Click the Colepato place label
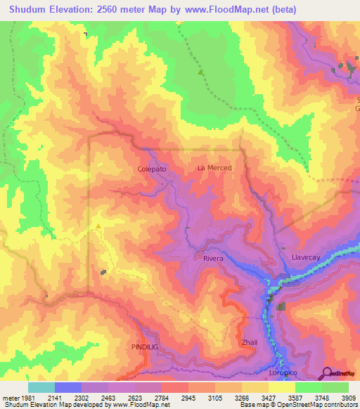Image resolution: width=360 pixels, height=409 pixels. tap(152, 169)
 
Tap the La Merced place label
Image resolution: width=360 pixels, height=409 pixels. tap(214, 168)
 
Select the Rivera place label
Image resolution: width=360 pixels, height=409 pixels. tap(213, 259)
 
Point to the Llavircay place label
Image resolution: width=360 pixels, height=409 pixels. tap(306, 258)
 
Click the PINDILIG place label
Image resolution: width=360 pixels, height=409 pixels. tap(146, 347)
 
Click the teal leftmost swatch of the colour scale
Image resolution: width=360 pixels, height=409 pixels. tap(41, 387)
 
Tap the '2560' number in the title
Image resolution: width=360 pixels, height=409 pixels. tap(112, 10)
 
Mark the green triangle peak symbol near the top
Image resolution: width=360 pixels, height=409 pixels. tap(201, 72)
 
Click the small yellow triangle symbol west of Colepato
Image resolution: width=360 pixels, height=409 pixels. tap(98, 226)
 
